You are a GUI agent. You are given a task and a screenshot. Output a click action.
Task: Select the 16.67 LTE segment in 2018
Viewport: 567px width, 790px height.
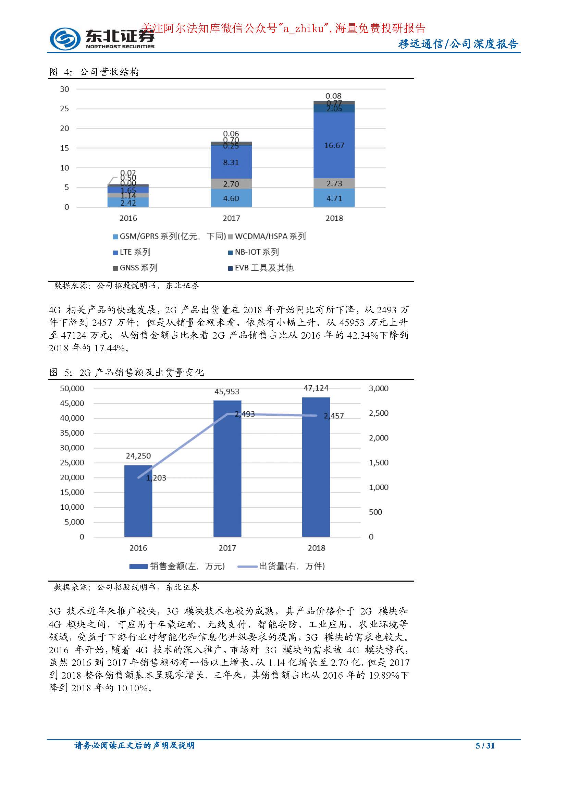pos(334,145)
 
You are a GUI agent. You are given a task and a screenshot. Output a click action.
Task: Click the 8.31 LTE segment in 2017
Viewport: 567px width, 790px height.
pos(231,162)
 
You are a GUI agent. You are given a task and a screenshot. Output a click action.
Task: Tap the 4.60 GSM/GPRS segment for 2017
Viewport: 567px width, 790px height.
pos(231,198)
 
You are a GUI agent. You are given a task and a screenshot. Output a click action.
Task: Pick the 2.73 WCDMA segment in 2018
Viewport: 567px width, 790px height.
pos(334,184)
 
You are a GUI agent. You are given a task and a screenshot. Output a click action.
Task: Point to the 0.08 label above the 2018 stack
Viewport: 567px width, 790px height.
pos(333,96)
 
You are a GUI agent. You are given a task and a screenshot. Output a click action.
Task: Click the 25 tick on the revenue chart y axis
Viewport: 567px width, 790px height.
pos(65,109)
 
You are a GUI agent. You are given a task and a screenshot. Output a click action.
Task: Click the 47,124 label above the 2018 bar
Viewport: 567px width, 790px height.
pos(316,388)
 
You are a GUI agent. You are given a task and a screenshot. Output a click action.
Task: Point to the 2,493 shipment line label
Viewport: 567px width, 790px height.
pos(245,414)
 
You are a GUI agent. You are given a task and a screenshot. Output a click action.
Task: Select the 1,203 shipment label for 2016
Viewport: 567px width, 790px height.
pos(156,478)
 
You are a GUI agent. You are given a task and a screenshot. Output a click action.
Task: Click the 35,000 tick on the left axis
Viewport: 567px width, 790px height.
pos(72,433)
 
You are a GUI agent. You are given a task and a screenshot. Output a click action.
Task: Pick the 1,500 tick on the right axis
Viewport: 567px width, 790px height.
pos(379,463)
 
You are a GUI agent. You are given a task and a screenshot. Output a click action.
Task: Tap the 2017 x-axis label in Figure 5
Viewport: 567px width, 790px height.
pos(227,548)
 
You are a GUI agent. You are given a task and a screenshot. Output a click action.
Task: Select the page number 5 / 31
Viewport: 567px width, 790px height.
pos(485,745)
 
